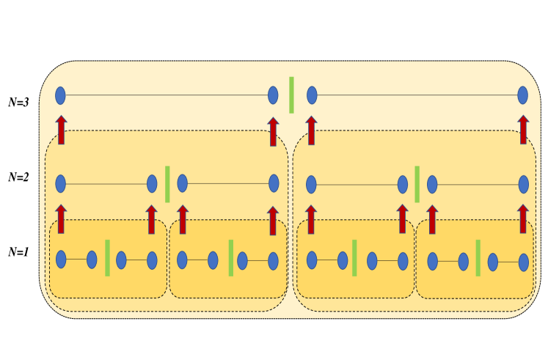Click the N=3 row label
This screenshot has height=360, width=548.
click(18, 103)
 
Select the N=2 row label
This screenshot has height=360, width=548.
click(18, 177)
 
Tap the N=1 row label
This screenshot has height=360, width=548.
click(18, 251)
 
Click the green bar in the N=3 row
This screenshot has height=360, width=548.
click(291, 95)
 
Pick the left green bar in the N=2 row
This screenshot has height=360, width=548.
click(167, 184)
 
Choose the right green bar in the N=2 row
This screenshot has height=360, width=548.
click(417, 184)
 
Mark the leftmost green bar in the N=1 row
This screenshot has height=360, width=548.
click(107, 258)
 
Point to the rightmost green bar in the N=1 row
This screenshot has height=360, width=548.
click(478, 258)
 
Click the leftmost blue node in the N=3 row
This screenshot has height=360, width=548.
click(61, 95)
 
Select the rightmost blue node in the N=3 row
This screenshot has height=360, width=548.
click(522, 95)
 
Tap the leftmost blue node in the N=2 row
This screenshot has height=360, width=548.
click(61, 183)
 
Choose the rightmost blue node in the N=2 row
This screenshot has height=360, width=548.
click(523, 183)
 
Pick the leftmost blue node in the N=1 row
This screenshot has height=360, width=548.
click(61, 260)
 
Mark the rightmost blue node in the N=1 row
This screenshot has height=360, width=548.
click(523, 261)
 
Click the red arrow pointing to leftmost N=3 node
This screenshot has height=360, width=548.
click(61, 130)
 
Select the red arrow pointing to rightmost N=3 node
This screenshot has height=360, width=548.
click(523, 130)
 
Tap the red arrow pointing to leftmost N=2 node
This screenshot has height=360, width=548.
click(61, 218)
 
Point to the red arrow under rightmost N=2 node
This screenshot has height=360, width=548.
click(523, 218)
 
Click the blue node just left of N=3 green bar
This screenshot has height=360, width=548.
click(273, 95)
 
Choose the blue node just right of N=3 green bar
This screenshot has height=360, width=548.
click(312, 95)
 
